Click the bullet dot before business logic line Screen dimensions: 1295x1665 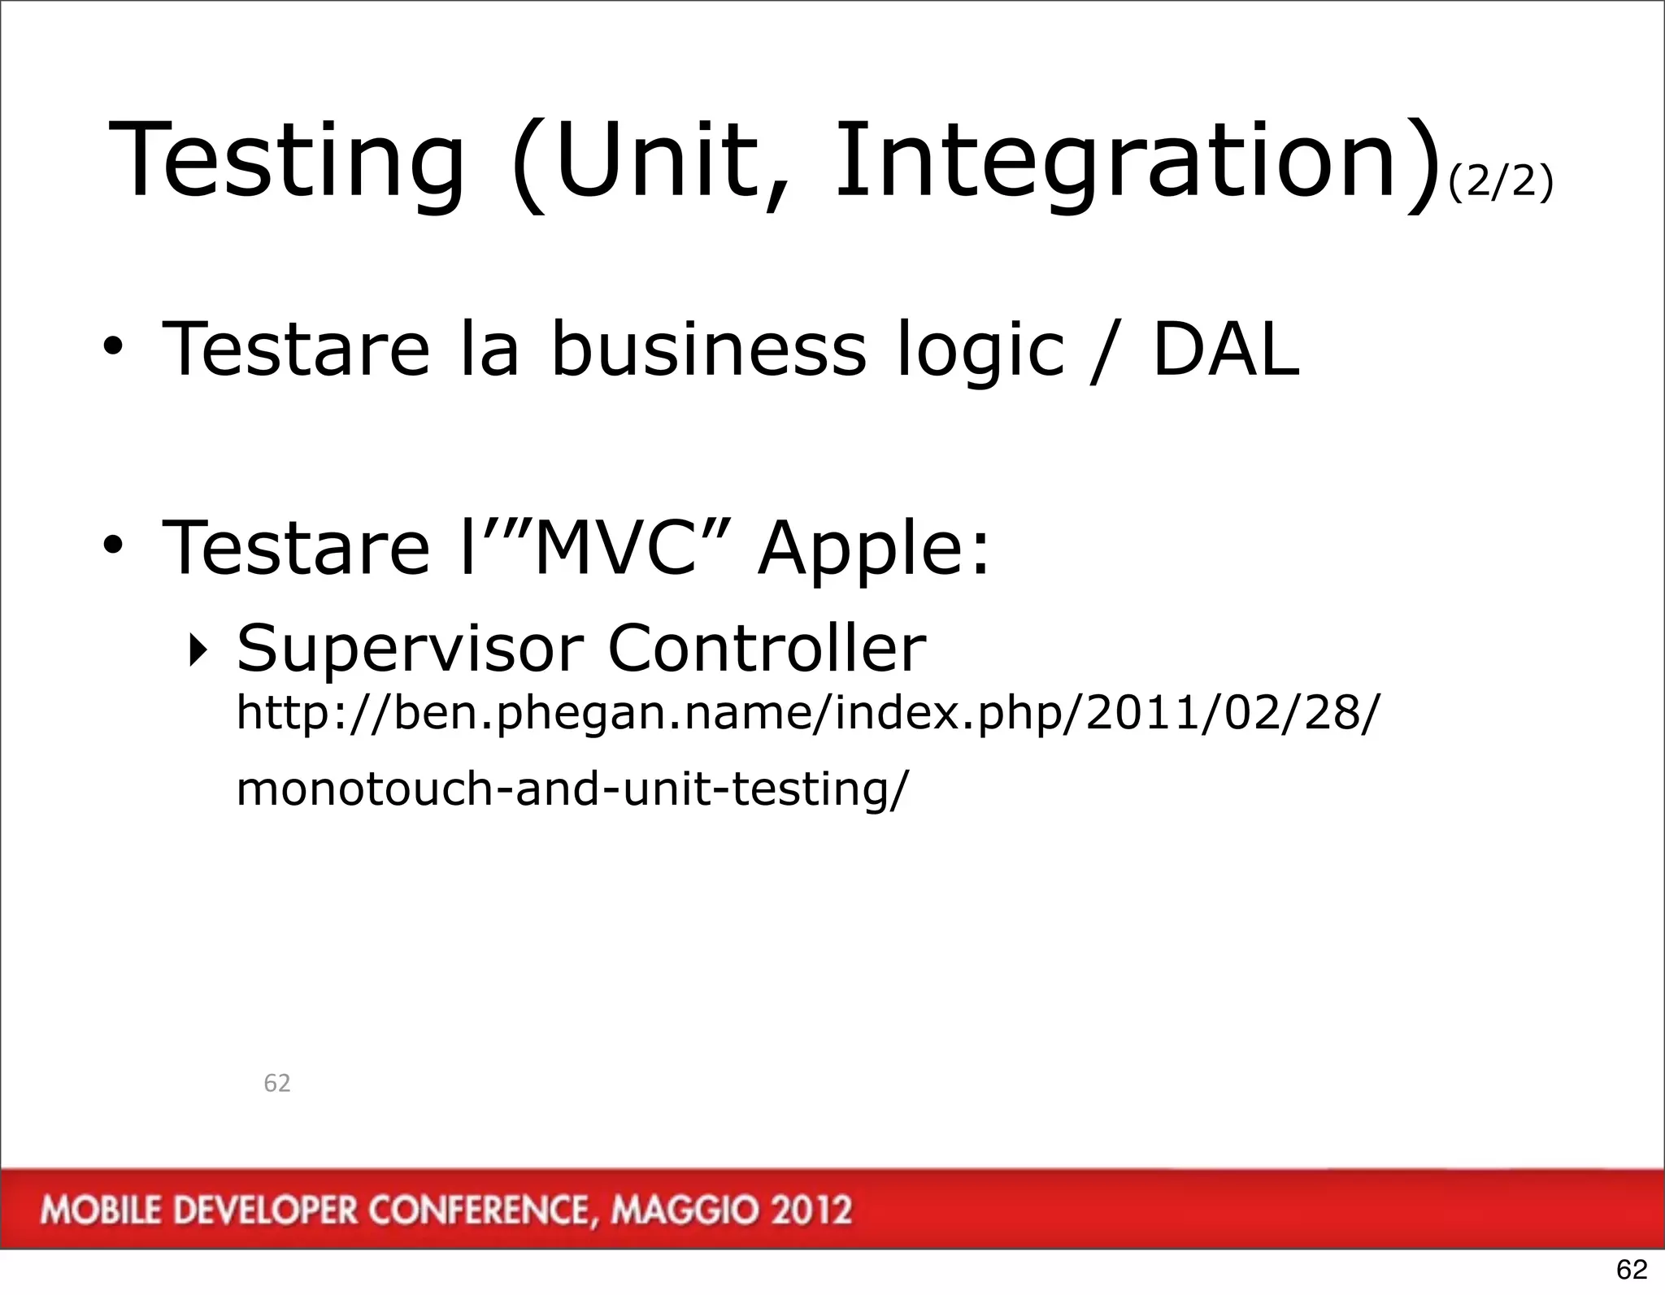coord(113,350)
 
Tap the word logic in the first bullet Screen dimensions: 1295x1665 coord(980,351)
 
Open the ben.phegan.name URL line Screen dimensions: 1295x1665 coord(807,714)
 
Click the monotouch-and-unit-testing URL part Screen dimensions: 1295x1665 coord(572,789)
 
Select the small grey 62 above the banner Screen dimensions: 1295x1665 coord(277,1083)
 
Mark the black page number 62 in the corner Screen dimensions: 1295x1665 coord(1631,1269)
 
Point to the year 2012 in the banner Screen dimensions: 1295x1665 coord(811,1210)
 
